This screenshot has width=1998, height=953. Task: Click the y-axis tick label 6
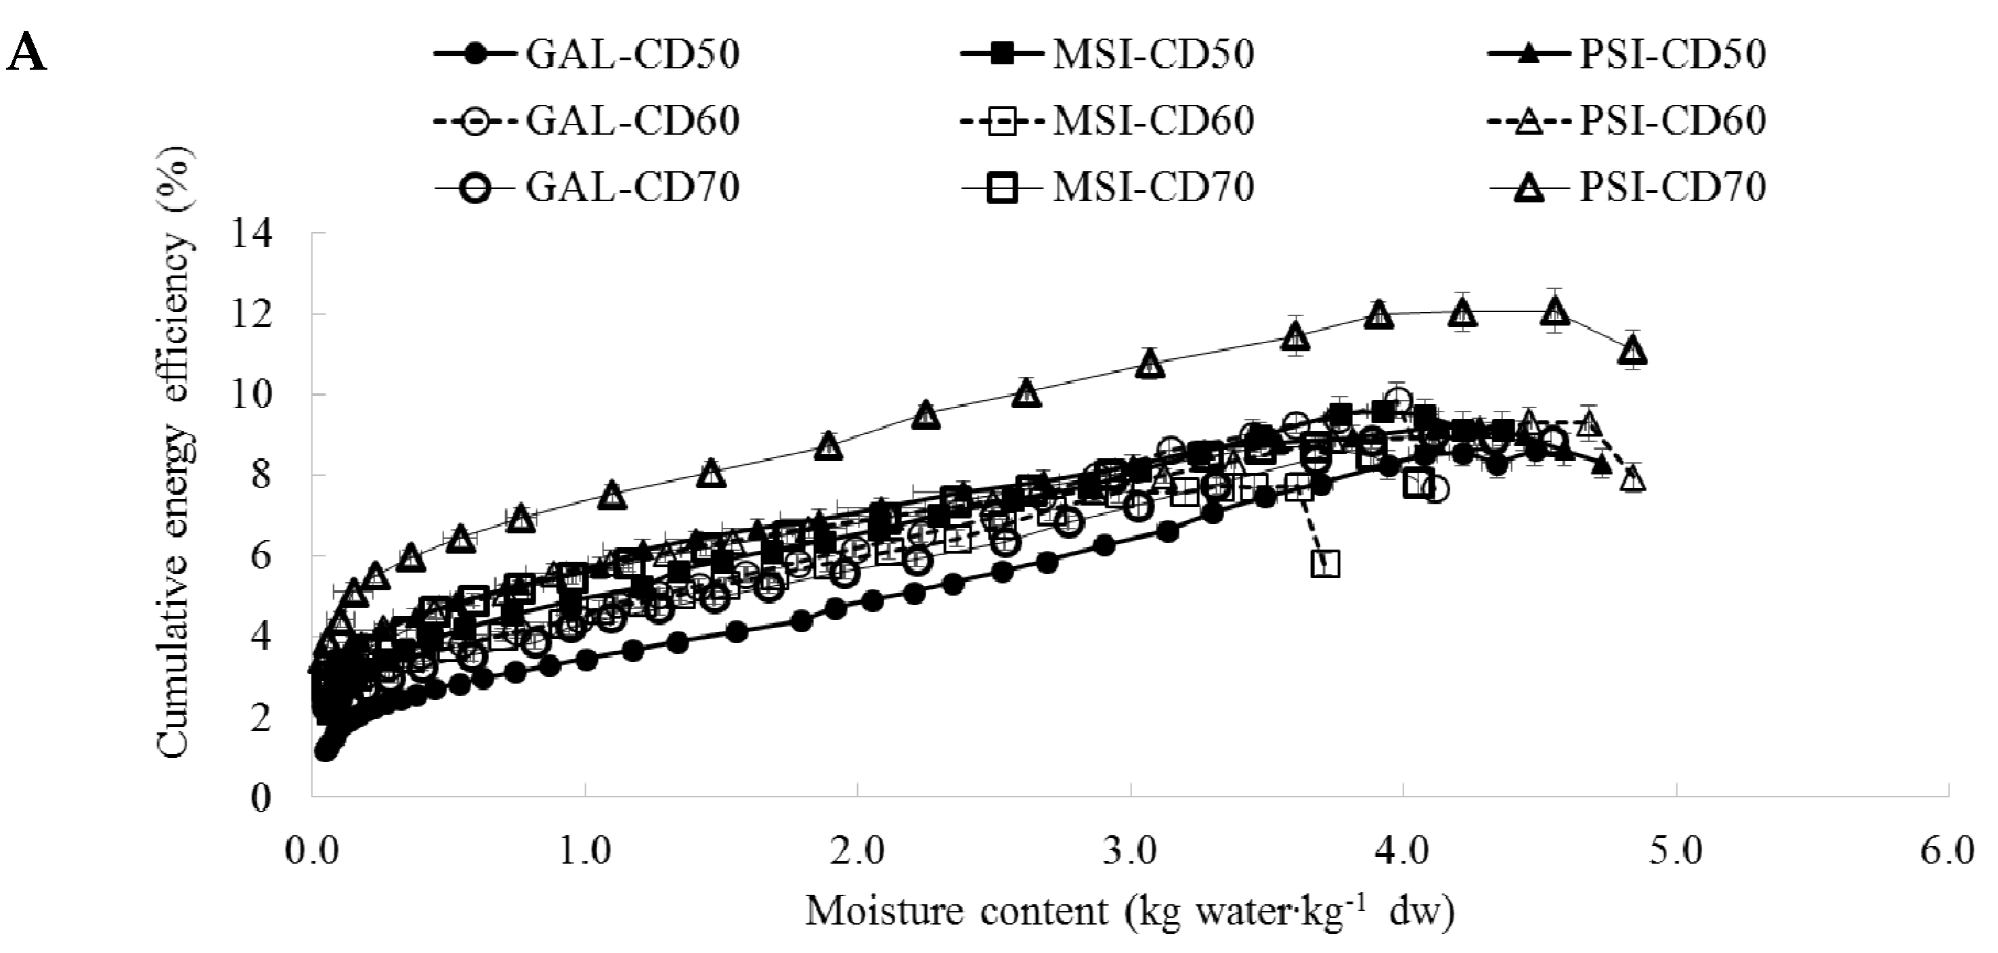(x=262, y=556)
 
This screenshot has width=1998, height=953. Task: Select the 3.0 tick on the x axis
(x=1131, y=851)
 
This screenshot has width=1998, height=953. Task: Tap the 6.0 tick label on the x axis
(x=1948, y=851)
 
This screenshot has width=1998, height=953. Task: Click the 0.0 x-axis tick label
(x=312, y=851)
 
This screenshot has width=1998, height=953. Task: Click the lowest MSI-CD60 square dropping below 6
(x=1325, y=564)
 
